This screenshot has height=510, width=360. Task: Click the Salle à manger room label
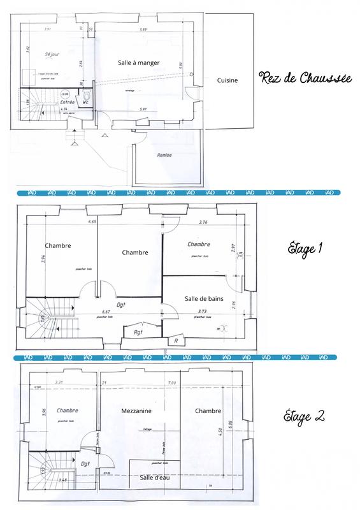138,62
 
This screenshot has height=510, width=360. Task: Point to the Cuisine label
227,80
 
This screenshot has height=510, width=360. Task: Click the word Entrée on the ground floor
68,102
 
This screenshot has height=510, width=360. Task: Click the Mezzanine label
136,411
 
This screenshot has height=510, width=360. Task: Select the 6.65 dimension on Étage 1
92,222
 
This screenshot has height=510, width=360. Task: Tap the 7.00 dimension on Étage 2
172,382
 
